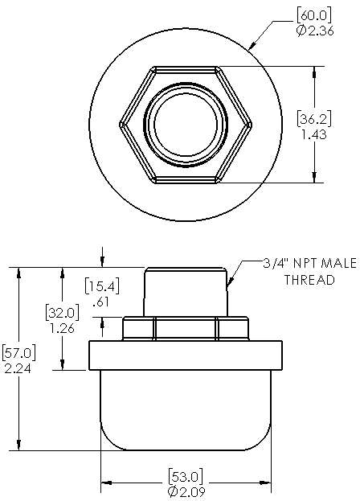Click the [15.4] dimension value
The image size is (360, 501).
[101, 287]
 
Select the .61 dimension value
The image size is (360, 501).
[100, 302]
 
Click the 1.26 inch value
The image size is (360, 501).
[61, 328]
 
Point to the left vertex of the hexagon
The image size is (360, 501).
[121, 125]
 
